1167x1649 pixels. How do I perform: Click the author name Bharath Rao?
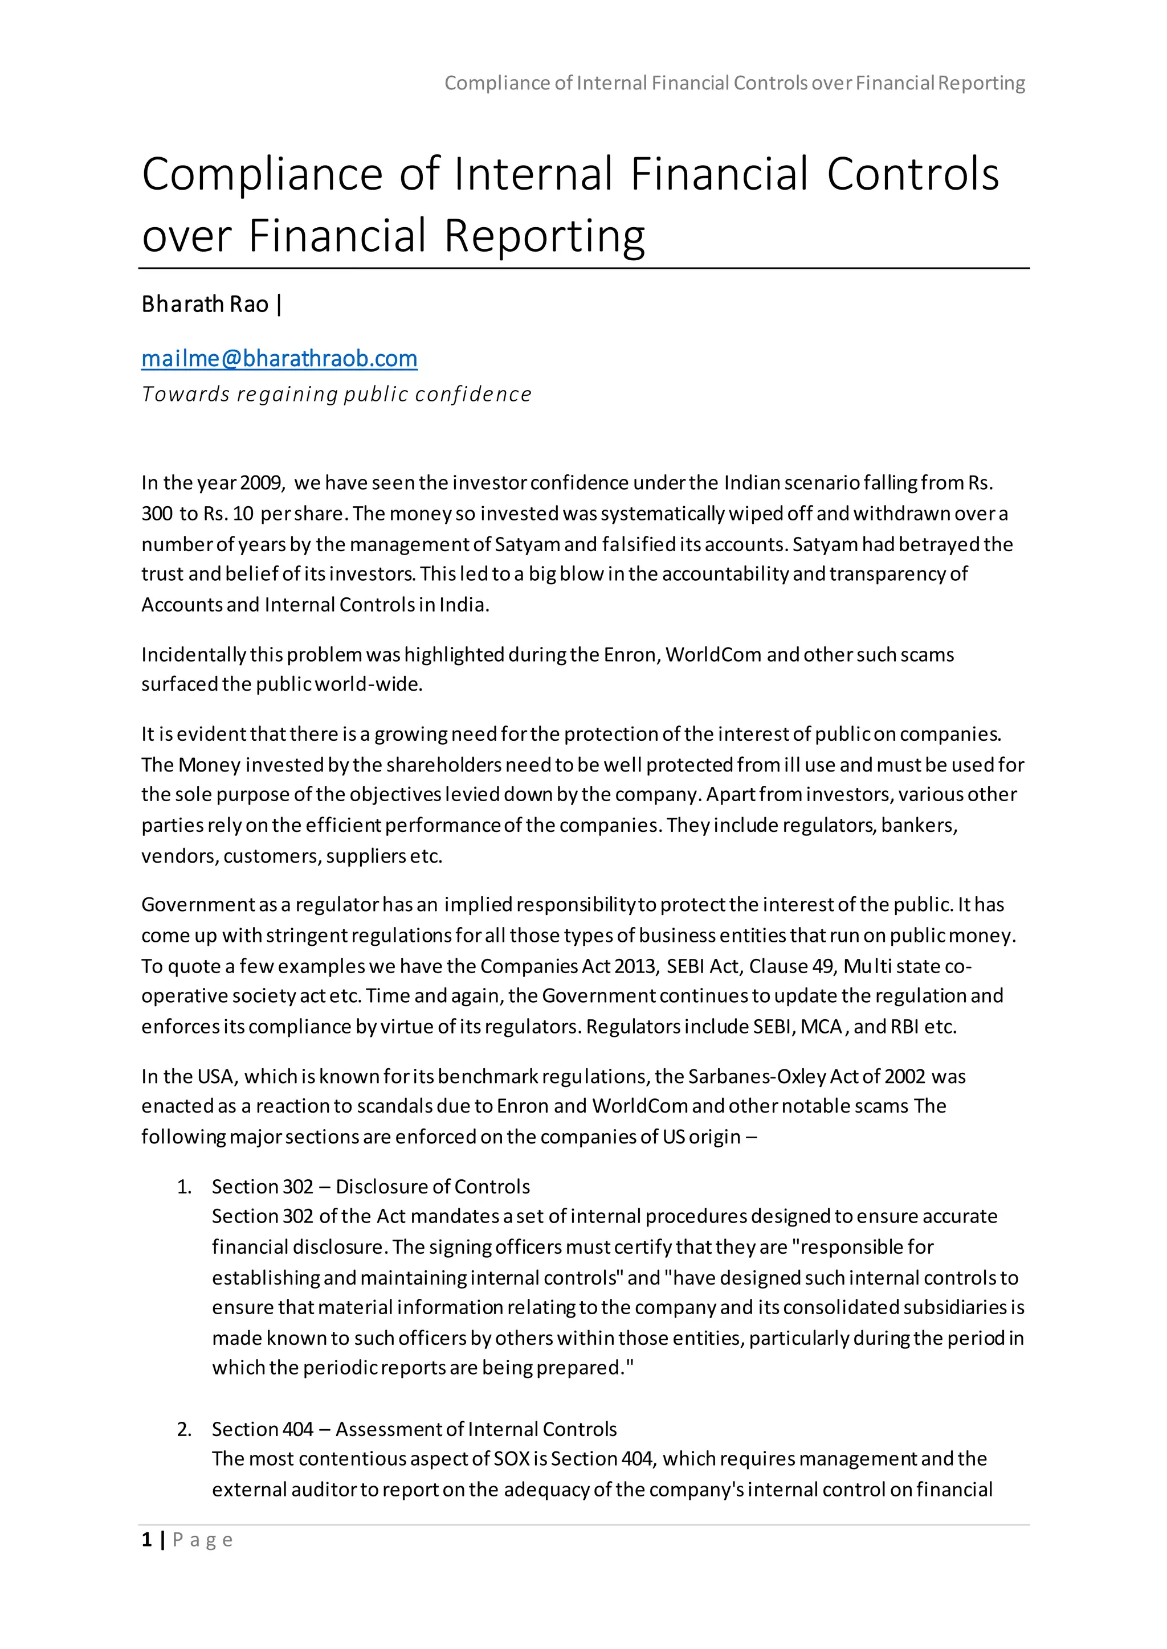[x=205, y=305]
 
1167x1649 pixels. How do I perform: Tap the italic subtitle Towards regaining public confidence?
[x=336, y=394]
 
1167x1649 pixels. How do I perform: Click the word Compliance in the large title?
[x=262, y=175]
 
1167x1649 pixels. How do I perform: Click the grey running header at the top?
[x=734, y=83]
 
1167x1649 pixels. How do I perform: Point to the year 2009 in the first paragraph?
[x=262, y=483]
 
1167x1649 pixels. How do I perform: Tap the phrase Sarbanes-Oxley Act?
[x=773, y=1077]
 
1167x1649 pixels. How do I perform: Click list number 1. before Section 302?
[x=184, y=1187]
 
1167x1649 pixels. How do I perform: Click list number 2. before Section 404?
[x=184, y=1429]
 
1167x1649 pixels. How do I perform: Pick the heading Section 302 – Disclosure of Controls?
[x=371, y=1187]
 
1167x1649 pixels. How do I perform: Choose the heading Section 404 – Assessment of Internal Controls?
[x=414, y=1429]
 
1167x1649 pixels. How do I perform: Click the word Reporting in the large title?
[x=544, y=236]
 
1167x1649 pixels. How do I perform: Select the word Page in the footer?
[x=203, y=1540]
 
